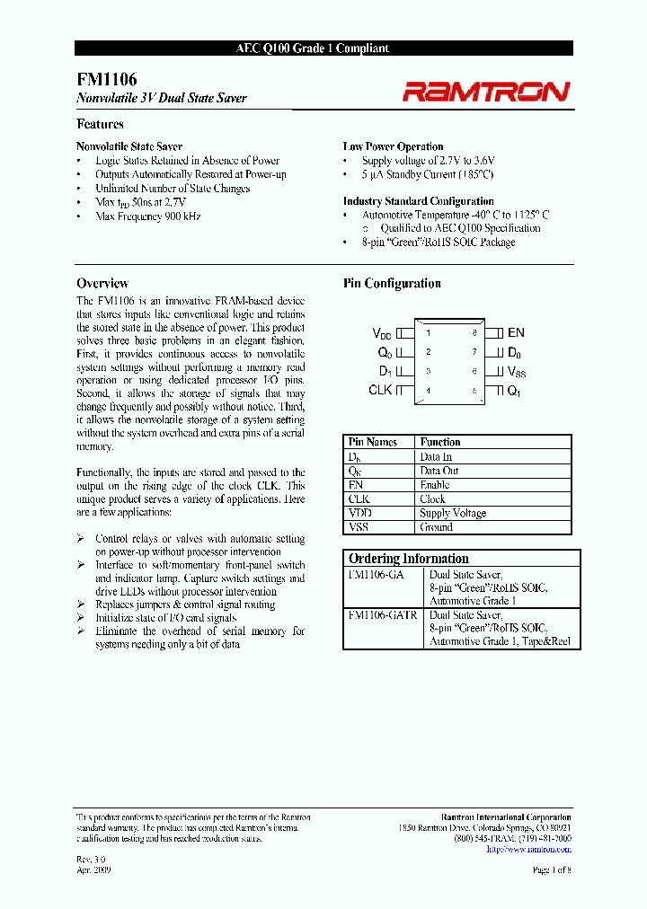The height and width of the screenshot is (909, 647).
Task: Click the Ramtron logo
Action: point(485,91)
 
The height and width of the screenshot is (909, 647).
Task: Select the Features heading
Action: point(100,124)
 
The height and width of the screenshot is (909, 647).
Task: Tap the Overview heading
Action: point(102,283)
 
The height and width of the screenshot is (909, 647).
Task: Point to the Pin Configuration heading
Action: point(392,283)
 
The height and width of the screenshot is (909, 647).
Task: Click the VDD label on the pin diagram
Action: point(382,333)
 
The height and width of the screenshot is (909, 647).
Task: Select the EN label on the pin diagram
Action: point(516,333)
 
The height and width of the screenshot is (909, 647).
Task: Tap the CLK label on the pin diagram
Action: point(380,390)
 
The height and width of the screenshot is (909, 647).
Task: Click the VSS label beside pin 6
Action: point(518,371)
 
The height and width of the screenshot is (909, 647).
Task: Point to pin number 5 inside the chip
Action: point(474,390)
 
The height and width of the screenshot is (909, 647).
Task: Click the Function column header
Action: point(440,442)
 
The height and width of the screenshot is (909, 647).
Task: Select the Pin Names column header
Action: point(373,442)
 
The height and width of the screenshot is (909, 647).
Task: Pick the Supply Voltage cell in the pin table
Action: point(453,513)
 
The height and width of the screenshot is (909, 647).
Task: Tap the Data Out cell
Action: point(439,471)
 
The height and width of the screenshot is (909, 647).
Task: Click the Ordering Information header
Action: point(409,558)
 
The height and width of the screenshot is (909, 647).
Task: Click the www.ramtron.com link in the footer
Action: point(539,849)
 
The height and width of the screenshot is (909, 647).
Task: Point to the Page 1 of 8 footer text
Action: point(551,870)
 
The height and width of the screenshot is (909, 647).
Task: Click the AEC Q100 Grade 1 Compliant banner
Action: point(323,49)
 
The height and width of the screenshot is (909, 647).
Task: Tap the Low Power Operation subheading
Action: point(393,146)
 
